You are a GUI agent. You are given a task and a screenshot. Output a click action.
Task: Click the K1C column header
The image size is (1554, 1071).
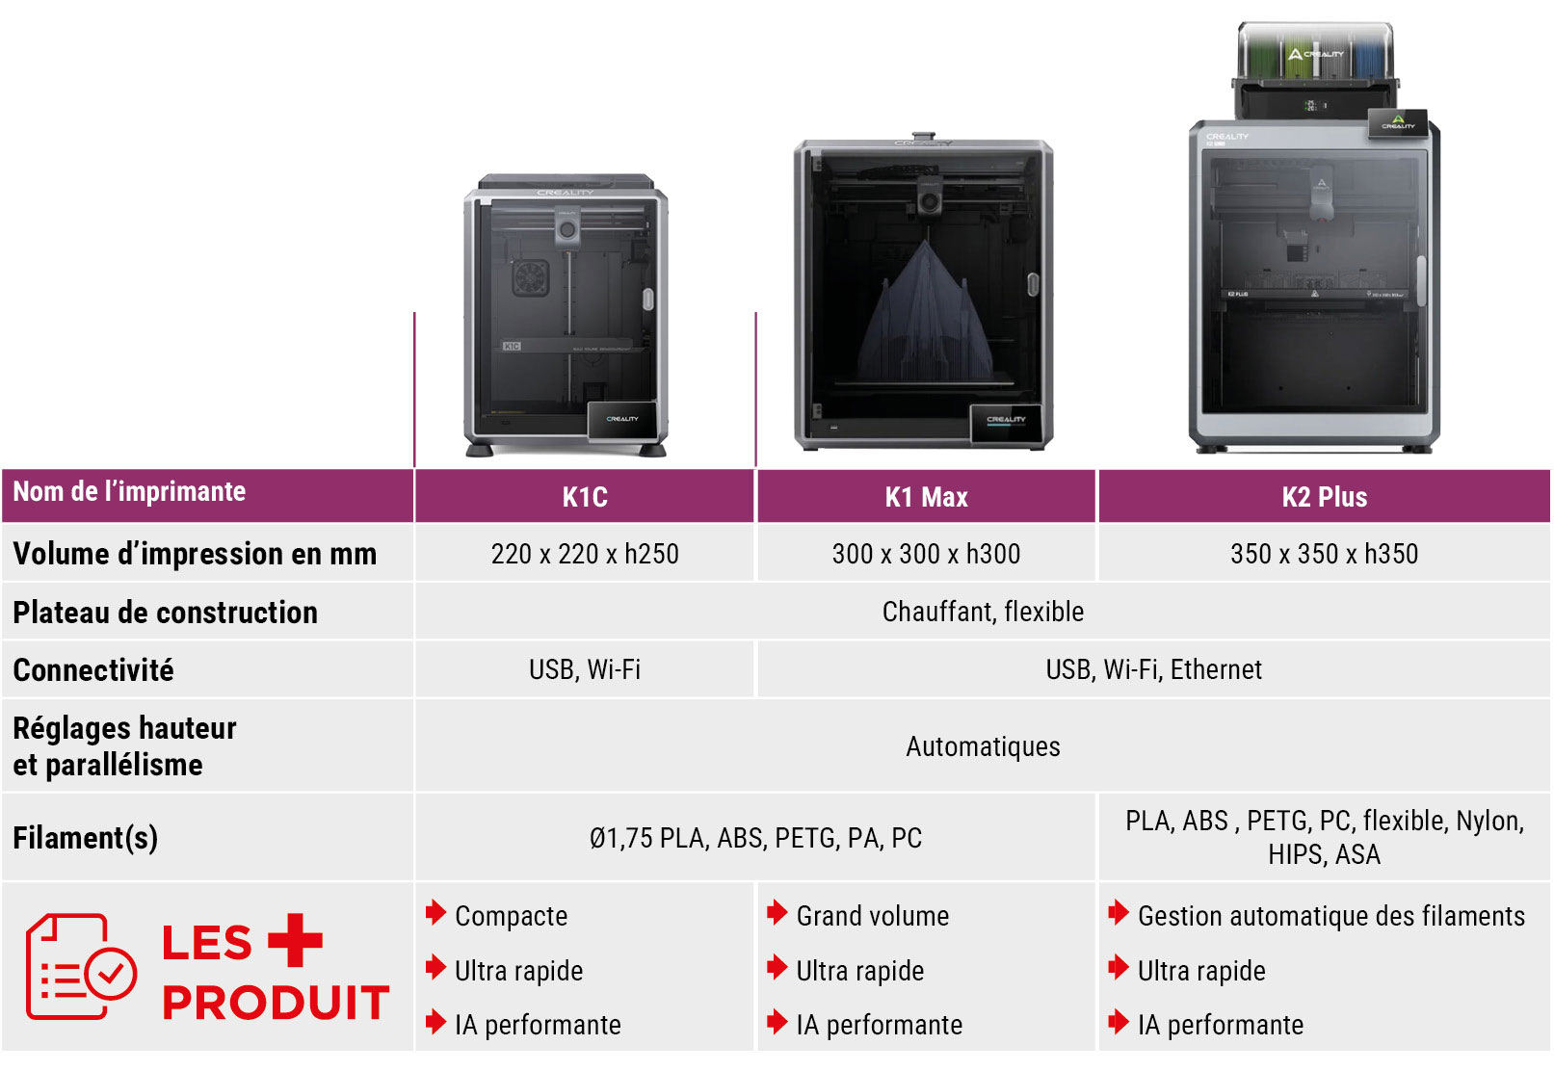click(x=585, y=497)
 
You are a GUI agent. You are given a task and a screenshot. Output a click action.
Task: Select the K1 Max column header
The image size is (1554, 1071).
click(x=926, y=497)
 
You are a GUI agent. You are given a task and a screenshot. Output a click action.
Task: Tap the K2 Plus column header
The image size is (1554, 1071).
click(x=1324, y=497)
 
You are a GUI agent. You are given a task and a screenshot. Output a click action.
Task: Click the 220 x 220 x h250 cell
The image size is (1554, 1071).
click(x=585, y=554)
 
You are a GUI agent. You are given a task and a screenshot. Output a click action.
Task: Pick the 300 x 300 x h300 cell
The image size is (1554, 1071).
click(x=926, y=554)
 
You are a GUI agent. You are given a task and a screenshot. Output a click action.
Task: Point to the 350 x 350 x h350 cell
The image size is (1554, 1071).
click(x=1324, y=554)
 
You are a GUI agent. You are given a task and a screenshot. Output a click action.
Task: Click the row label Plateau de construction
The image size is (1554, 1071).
click(x=165, y=613)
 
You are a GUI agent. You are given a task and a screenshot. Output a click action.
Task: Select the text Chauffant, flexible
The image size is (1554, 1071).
click(x=983, y=612)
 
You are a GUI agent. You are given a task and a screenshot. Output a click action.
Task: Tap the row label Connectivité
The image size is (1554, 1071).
click(x=93, y=670)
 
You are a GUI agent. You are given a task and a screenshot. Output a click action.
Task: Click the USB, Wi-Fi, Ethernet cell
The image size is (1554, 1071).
click(x=1153, y=669)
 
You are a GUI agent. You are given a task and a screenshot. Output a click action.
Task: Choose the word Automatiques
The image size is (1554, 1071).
click(x=983, y=746)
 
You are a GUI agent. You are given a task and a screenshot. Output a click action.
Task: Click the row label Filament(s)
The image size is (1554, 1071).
click(x=85, y=838)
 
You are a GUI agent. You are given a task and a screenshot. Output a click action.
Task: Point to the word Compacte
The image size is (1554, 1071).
click(x=511, y=916)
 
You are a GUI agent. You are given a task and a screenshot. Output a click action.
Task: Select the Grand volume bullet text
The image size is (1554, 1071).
click(x=872, y=916)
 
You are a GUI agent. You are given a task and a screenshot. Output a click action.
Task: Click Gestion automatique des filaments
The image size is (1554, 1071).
click(x=1330, y=916)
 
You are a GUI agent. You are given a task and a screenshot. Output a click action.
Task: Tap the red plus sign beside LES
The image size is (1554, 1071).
click(x=295, y=940)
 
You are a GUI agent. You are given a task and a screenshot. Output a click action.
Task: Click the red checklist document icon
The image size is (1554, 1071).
click(x=81, y=966)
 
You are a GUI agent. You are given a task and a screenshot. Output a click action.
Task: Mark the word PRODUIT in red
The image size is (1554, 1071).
click(x=276, y=1003)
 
